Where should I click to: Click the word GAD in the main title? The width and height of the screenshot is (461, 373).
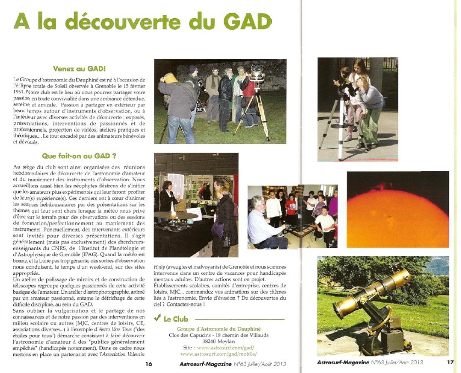point(248,23)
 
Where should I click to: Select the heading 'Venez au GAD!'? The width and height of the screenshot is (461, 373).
point(79,69)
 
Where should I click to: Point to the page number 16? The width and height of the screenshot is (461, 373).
point(148,364)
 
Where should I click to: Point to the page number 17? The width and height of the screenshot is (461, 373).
point(450,363)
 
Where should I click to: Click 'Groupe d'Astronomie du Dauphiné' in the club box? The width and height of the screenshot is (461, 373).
point(216,328)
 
